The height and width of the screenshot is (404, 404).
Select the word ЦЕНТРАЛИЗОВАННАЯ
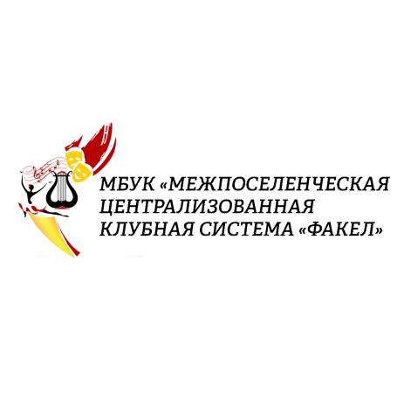(207, 207)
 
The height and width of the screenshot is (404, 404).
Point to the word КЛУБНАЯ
(147, 229)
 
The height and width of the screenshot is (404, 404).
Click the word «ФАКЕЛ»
(340, 229)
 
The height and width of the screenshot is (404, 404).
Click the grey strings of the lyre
(61, 188)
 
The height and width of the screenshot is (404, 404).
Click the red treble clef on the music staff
(37, 174)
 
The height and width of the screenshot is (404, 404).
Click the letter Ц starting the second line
(106, 208)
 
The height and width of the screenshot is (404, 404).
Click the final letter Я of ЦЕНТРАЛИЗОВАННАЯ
(307, 207)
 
